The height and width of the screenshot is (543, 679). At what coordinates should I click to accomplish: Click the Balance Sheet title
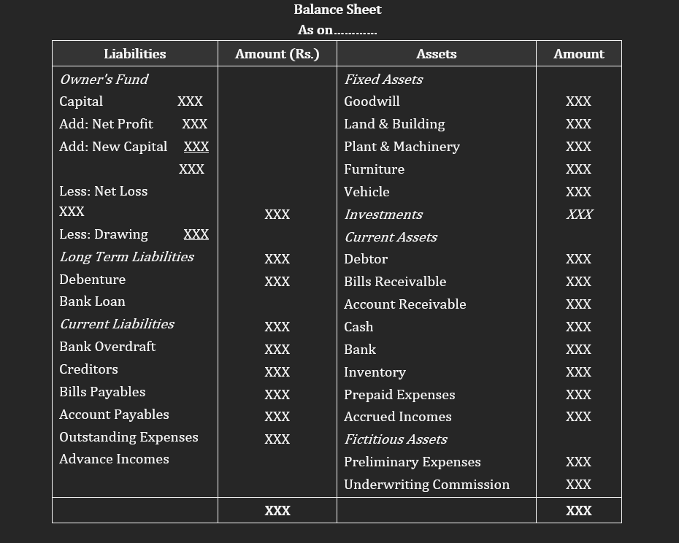coord(337,9)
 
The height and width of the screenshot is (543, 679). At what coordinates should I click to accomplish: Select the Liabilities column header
coord(134,54)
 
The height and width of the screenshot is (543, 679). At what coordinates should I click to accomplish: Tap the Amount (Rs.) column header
coord(277,54)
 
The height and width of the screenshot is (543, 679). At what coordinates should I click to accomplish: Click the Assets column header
coord(436,54)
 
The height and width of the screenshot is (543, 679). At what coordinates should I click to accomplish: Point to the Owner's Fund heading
coord(104,80)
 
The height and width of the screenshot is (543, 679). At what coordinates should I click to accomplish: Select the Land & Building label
coord(394,124)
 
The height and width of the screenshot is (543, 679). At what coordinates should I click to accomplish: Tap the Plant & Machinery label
coord(402,147)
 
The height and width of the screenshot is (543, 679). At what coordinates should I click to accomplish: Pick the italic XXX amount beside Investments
coord(579,215)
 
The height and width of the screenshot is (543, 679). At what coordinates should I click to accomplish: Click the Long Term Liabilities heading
coord(126,257)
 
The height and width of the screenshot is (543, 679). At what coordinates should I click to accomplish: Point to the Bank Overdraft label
coord(107,347)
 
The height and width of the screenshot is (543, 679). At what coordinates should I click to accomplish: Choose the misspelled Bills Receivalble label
coord(395,282)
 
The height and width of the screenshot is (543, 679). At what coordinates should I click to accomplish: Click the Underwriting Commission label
coord(426,485)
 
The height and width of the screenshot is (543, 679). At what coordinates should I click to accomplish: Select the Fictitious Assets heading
coord(395,439)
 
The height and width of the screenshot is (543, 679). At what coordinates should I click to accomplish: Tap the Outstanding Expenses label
coord(128,437)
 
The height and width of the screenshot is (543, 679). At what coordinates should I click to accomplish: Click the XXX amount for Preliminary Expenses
coord(578,462)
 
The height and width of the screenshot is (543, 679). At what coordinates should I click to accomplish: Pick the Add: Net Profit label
coord(106,124)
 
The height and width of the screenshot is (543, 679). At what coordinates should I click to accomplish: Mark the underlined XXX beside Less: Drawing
coord(196,234)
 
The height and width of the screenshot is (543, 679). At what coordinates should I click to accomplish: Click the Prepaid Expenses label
coord(399,395)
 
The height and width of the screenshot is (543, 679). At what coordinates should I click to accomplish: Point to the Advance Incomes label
coord(114,459)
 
